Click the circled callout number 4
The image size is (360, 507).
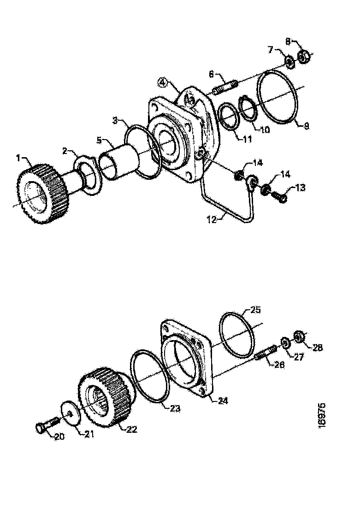click(162, 83)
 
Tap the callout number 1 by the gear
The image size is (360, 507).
click(19, 158)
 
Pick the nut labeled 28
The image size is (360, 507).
click(298, 337)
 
